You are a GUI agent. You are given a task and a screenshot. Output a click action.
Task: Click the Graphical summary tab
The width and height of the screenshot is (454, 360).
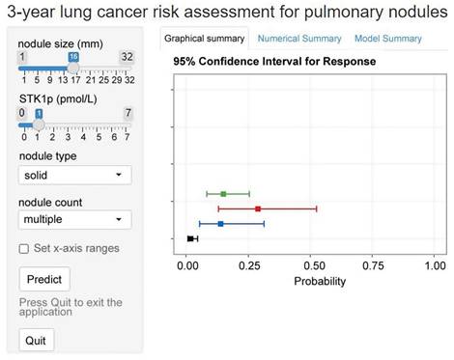(204, 39)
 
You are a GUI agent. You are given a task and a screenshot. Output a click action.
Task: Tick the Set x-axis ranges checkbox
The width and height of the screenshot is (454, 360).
(24, 248)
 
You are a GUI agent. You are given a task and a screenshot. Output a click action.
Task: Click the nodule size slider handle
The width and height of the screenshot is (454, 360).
(72, 69)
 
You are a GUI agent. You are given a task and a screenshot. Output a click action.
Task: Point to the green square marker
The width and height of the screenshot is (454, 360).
(223, 194)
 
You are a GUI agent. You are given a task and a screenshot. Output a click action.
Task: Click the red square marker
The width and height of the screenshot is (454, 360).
(258, 208)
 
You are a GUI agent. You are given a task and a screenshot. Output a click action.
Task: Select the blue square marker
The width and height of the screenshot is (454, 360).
(221, 224)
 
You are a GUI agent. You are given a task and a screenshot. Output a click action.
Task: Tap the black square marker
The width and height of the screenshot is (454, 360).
(190, 238)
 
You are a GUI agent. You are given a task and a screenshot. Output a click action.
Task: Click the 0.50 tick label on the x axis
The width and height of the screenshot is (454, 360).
(311, 263)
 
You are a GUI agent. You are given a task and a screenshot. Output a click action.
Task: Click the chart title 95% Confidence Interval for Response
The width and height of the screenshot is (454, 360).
(273, 61)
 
